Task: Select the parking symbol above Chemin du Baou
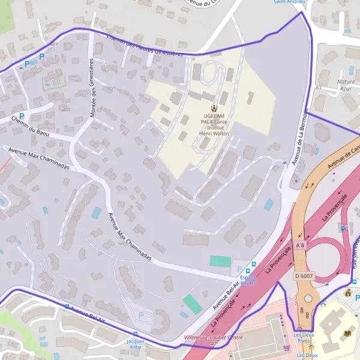coord(22,116)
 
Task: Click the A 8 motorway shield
coord(300,245)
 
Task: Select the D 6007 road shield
coord(305,275)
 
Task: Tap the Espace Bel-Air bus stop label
coord(248,280)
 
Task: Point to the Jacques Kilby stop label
coord(136,344)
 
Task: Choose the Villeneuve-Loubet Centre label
coord(213,338)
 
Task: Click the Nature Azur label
coord(346,85)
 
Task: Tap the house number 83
coord(319,88)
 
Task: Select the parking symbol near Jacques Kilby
coord(142,315)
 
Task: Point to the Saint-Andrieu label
coord(289,2)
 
